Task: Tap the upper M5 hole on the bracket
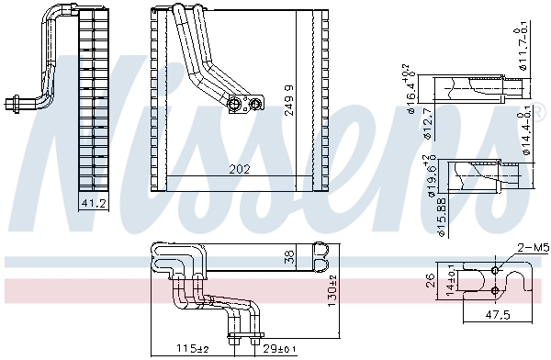pyautogui.click(x=496, y=271)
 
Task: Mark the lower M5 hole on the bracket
pyautogui.click(x=496, y=291)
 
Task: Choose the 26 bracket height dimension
pyautogui.click(x=431, y=280)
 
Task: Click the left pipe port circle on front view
pyautogui.click(x=236, y=104)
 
